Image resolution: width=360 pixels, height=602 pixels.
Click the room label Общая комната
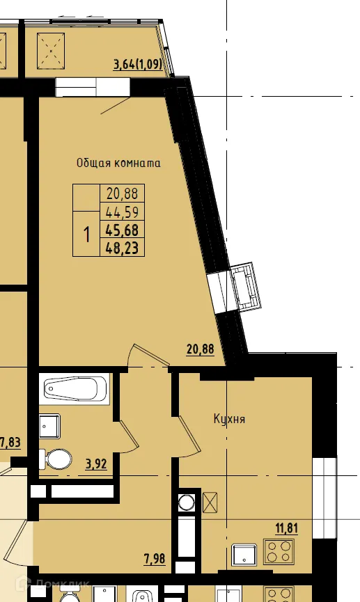click(x=118, y=164)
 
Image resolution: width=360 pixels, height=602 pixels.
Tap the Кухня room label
click(x=229, y=420)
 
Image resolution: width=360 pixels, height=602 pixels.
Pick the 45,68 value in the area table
click(x=123, y=230)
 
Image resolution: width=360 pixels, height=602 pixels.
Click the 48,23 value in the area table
click(x=123, y=247)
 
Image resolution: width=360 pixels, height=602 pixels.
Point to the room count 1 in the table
click(x=87, y=235)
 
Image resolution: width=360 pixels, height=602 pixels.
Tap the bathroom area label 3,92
click(x=96, y=464)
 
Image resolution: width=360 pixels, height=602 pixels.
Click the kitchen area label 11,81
click(x=286, y=528)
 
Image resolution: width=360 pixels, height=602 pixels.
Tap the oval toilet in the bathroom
click(x=58, y=459)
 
